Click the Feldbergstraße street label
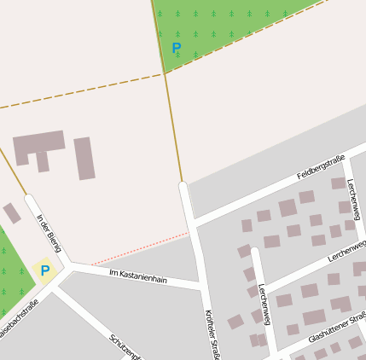[x=321, y=167]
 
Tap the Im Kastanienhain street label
[x=138, y=276]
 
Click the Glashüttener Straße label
[x=336, y=325]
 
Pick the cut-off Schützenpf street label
[x=125, y=346]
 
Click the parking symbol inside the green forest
[x=177, y=48]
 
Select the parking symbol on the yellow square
[x=45, y=270]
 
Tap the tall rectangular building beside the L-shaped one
[x=84, y=159]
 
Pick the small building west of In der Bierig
[x=11, y=212]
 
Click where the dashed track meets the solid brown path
[x=165, y=73]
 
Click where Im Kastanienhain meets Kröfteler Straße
[x=201, y=283]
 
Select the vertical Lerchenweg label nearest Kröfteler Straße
[x=265, y=304]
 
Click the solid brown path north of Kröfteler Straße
[x=173, y=128]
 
